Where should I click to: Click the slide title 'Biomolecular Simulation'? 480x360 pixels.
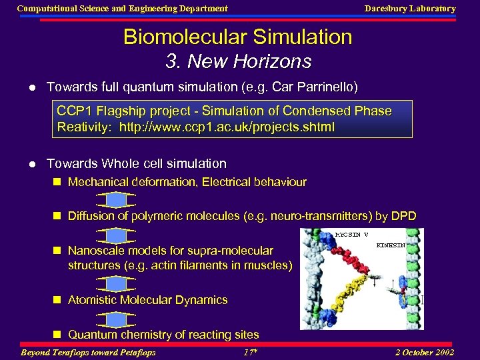(x=237, y=37)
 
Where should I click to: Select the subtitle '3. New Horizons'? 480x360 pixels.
(x=238, y=62)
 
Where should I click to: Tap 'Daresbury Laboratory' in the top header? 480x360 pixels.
(x=409, y=9)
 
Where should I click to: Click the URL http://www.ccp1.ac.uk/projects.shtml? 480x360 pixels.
(x=227, y=127)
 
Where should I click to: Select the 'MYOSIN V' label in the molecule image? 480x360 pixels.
(x=351, y=235)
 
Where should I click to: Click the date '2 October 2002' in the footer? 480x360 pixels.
(x=424, y=352)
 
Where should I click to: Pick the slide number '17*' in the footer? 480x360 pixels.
(x=250, y=352)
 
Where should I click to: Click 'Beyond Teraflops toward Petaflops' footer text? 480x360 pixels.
(x=89, y=352)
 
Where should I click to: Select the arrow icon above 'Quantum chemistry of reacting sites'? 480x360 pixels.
(x=116, y=319)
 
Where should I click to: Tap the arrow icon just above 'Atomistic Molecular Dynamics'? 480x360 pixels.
(x=116, y=284)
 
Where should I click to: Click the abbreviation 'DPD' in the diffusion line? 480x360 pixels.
(x=403, y=216)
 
